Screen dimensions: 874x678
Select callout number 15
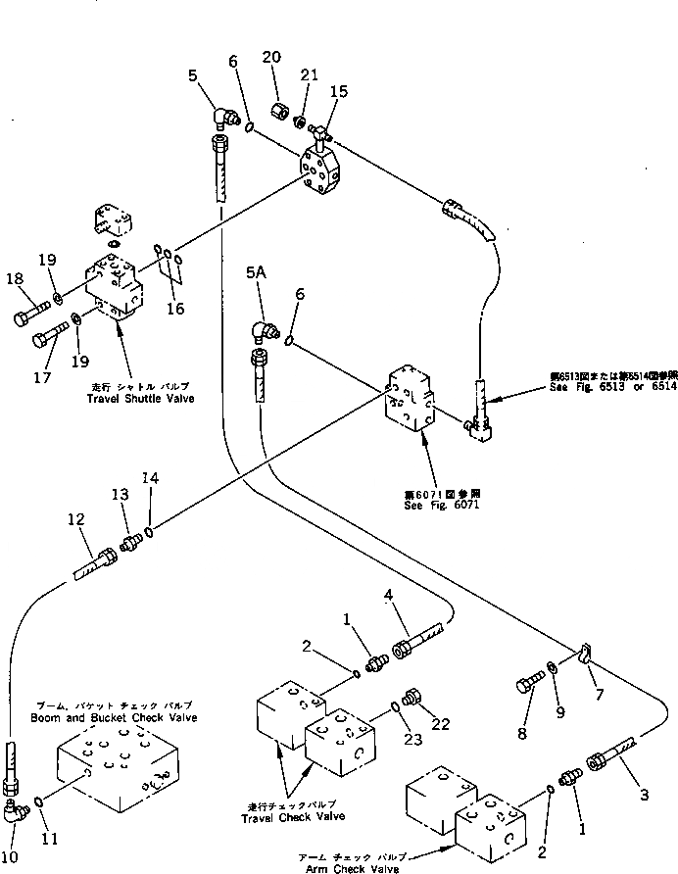(x=339, y=91)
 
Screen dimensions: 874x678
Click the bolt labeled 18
(x=28, y=316)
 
